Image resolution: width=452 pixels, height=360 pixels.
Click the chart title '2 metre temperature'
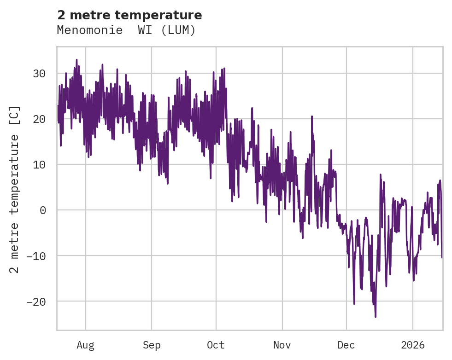[129, 15]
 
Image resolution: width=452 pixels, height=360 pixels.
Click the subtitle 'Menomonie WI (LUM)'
[126, 30]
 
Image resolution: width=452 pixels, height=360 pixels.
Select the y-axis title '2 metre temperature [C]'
[15, 190]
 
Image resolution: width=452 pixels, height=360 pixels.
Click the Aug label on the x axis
[86, 345]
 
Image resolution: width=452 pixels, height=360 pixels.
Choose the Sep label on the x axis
[152, 345]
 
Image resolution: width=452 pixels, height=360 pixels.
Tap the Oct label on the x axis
[216, 345]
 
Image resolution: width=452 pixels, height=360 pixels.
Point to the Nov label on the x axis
[282, 345]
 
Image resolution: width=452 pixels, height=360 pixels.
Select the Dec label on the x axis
[346, 345]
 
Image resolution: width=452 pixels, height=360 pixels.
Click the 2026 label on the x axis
[413, 345]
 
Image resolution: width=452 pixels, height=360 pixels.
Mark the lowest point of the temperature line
[376, 317]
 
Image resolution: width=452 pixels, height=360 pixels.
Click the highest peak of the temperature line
[76, 59]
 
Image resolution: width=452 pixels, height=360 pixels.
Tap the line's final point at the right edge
[441, 257]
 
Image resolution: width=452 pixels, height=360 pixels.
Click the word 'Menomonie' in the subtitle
[86, 30]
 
